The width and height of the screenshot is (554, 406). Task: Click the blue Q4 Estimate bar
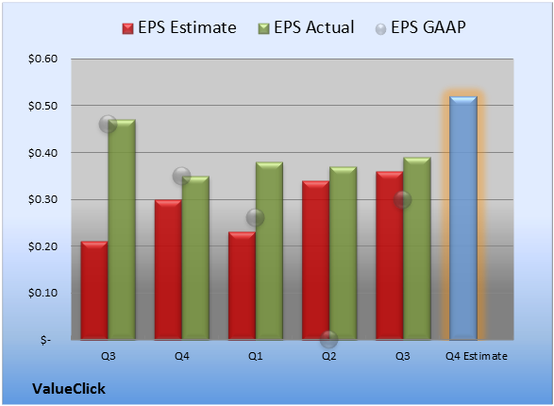[x=463, y=218]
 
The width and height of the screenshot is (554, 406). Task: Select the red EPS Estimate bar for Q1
[x=242, y=286]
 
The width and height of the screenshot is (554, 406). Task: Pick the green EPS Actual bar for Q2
[x=344, y=253]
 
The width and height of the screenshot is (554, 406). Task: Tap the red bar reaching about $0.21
[x=94, y=291]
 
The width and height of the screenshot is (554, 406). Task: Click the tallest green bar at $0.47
[x=122, y=229]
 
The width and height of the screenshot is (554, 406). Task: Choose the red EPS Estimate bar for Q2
[x=315, y=261]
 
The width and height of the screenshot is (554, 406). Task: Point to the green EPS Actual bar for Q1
[x=269, y=251]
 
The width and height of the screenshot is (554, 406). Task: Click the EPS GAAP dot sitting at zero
[x=329, y=340]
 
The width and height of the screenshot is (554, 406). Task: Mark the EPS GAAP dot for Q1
[x=255, y=217]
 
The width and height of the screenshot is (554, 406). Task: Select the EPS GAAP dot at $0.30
[x=402, y=199]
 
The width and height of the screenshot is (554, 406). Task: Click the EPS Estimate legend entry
[x=179, y=27]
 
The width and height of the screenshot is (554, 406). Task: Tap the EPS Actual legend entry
[x=306, y=27]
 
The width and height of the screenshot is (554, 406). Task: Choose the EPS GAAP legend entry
[x=420, y=27]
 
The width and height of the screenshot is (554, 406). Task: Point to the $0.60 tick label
[x=43, y=59]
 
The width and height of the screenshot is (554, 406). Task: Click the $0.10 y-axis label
[x=43, y=293]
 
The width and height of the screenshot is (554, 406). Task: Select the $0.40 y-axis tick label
[x=43, y=153]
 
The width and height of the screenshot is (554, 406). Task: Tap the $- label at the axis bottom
[x=45, y=340]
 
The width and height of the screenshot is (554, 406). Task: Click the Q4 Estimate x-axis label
[x=477, y=356]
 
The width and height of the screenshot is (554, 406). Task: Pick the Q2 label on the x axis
[x=329, y=356]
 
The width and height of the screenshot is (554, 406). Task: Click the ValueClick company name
[x=69, y=389]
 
